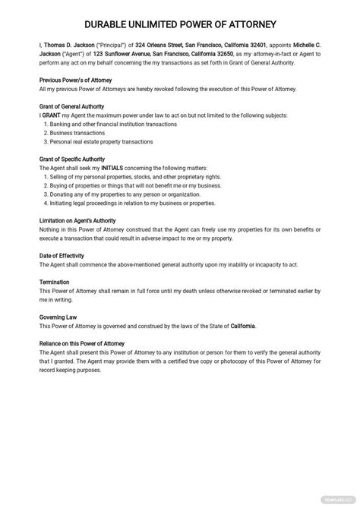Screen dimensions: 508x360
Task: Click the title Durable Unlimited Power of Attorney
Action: [180, 25]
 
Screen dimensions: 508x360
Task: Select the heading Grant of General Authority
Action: [71, 106]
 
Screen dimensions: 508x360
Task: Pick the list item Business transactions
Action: [79, 132]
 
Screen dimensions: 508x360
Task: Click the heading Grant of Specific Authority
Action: [72, 159]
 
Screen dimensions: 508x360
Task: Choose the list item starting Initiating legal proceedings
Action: [129, 204]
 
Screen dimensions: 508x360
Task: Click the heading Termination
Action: [55, 282]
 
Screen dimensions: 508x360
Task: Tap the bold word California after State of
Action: [238, 326]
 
